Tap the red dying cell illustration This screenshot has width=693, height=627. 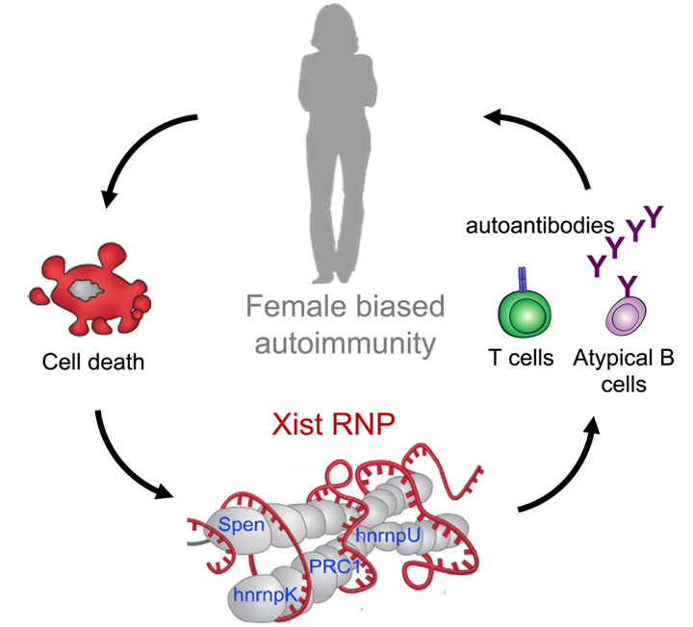point(86,288)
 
